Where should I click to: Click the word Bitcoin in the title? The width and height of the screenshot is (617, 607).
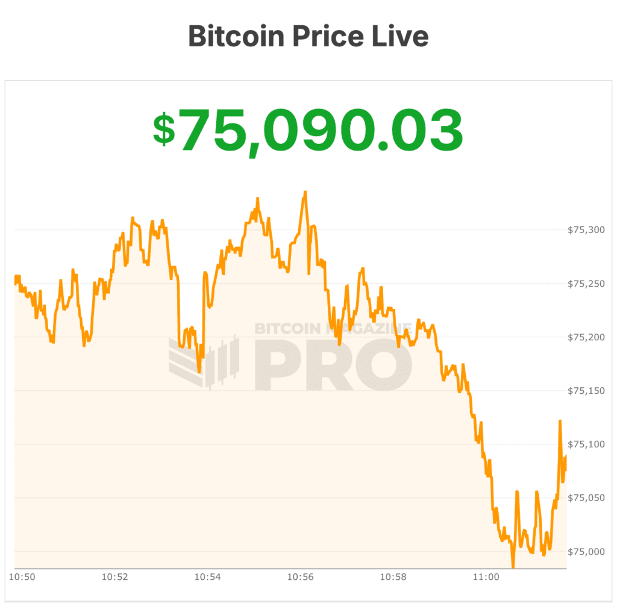point(236,37)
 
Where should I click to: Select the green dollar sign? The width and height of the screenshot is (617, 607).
point(164,129)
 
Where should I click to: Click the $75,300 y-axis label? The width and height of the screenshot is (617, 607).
point(586,229)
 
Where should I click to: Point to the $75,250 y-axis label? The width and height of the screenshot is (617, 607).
point(586,283)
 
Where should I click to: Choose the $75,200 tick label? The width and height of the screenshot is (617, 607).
point(586,337)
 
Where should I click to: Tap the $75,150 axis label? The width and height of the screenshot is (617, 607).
point(586,391)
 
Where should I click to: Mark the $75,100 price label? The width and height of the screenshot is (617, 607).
point(586,444)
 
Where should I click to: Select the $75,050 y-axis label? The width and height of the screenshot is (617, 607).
point(586,498)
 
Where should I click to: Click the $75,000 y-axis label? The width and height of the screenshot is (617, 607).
point(586,552)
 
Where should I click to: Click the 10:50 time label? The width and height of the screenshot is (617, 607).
point(23,577)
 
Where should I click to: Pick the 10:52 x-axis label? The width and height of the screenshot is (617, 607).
point(115,577)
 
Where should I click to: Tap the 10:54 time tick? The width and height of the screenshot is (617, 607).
point(208,577)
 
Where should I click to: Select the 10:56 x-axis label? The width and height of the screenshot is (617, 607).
point(301,577)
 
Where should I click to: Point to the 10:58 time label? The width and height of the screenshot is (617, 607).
point(393,577)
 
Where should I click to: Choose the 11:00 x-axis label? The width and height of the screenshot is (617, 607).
point(486,577)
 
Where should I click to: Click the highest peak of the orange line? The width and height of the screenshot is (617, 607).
point(305,192)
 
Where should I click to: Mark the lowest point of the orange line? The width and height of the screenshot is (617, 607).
point(513,567)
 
